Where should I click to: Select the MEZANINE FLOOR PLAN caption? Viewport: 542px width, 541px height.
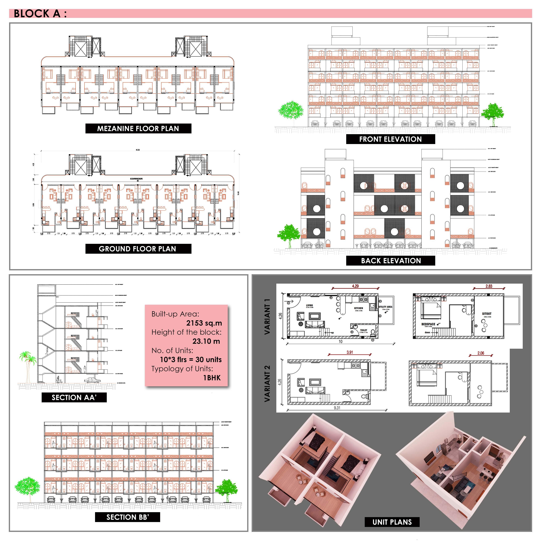[138, 128]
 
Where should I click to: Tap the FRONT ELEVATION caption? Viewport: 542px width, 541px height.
[390, 139]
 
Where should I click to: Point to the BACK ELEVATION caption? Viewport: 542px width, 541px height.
[391, 260]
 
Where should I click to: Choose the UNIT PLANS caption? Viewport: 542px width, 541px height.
[392, 522]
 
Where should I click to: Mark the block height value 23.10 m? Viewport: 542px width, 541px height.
[206, 341]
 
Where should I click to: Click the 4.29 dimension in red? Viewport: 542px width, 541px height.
[355, 286]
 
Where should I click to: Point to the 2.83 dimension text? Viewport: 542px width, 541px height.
[489, 286]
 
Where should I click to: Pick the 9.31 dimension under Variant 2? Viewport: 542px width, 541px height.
[337, 408]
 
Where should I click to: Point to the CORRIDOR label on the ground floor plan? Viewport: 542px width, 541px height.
[136, 179]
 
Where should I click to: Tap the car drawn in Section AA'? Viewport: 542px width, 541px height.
[92, 380]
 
